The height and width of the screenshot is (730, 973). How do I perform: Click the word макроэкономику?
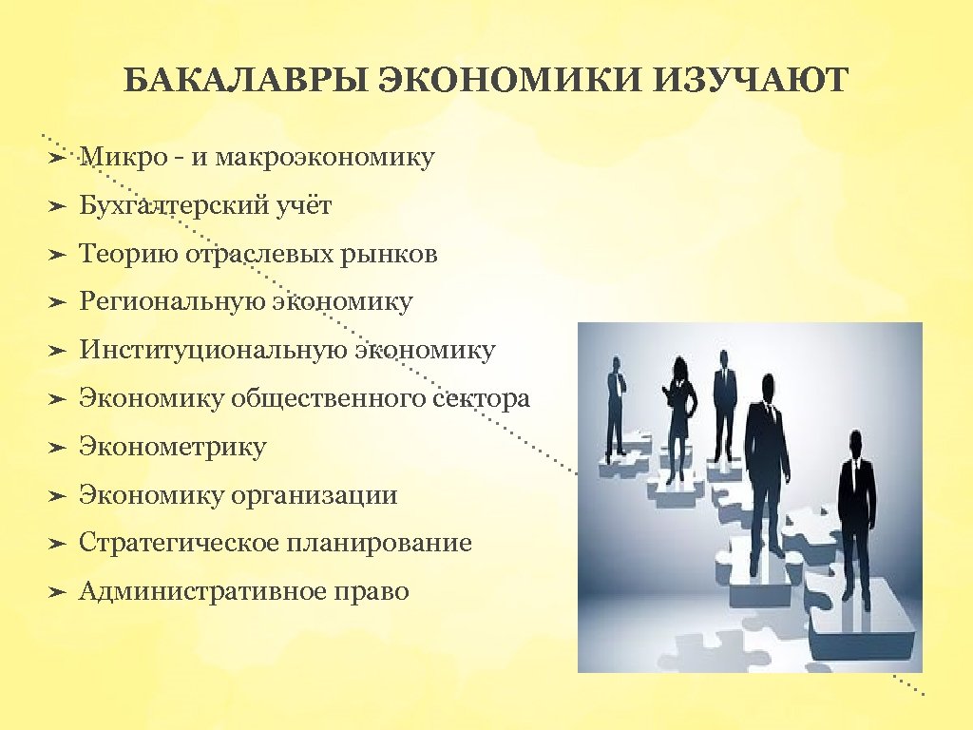tap(325, 157)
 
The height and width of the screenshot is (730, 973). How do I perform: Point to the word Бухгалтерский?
tap(174, 205)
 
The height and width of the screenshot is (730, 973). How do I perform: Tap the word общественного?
tap(329, 398)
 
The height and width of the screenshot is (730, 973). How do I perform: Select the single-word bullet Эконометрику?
tap(172, 447)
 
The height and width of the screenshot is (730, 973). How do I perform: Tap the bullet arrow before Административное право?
tap(56, 592)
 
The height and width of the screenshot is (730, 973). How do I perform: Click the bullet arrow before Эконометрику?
tap(56, 447)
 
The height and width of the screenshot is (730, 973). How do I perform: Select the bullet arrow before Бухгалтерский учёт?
tap(56, 205)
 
